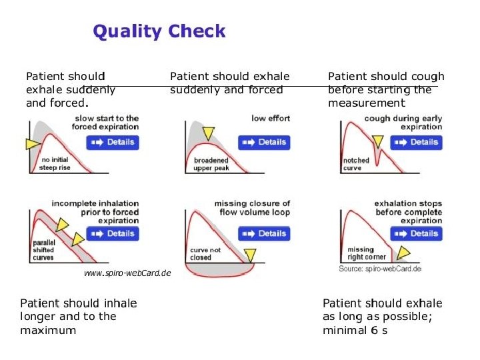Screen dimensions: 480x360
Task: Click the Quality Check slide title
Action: pyautogui.click(x=159, y=31)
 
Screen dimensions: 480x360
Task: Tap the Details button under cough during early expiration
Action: pyautogui.click(x=417, y=142)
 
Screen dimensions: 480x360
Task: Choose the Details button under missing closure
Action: pyautogui.click(x=264, y=234)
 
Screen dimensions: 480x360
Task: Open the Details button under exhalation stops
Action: pyautogui.click(x=417, y=234)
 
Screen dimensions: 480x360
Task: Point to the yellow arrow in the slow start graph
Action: pyautogui.click(x=32, y=143)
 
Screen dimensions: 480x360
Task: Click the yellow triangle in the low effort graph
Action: pyautogui.click(x=209, y=133)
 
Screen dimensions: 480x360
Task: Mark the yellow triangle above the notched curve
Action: pyautogui.click(x=378, y=141)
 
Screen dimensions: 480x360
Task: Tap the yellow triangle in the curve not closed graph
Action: pyautogui.click(x=250, y=254)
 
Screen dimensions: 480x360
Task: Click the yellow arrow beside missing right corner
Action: pyautogui.click(x=403, y=252)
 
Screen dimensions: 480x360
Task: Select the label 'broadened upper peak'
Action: pyautogui.click(x=211, y=164)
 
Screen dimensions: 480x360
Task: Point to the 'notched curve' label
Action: pyautogui.click(x=355, y=164)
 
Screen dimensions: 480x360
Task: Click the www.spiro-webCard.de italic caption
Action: pyautogui.click(x=127, y=273)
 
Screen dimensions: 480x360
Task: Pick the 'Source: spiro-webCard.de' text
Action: pyautogui.click(x=379, y=269)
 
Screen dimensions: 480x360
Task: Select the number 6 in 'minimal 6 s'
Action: pyautogui.click(x=374, y=330)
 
